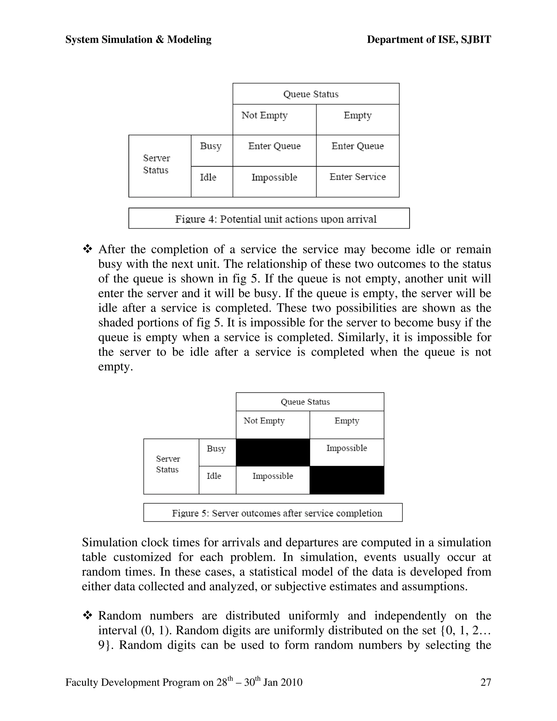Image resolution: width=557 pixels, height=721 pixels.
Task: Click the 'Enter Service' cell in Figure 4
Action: pos(357,177)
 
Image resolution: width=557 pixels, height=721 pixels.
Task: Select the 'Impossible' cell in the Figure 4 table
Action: pos(274,178)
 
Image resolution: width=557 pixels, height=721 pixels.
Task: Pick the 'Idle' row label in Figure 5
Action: pos(214,476)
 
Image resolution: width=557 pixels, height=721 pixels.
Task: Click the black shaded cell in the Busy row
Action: pos(273,452)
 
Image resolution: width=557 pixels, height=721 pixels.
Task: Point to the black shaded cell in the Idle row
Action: pos(347,480)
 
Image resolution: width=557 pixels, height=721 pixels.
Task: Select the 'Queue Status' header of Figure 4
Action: pos(311,94)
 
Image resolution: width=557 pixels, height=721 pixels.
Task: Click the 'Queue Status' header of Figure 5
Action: pos(305,402)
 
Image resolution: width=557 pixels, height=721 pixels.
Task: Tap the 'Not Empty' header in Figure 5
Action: pos(264,421)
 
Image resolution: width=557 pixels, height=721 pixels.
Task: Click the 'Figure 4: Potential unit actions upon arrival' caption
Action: pos(276,219)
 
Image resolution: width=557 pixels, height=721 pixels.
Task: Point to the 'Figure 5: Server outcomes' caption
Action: pos(277,513)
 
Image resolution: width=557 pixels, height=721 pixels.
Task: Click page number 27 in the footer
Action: pos(486,682)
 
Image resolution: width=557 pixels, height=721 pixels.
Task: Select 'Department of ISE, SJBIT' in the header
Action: pos(429,40)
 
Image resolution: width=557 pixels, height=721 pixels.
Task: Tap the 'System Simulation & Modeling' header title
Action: pos(138,40)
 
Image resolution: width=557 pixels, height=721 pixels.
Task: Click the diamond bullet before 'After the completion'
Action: pos(88,249)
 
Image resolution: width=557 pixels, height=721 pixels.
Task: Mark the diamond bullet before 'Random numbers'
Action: pos(88,615)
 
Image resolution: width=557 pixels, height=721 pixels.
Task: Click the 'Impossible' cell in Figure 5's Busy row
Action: pos(346,448)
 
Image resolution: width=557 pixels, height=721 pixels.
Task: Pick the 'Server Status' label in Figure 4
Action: pos(156,164)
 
